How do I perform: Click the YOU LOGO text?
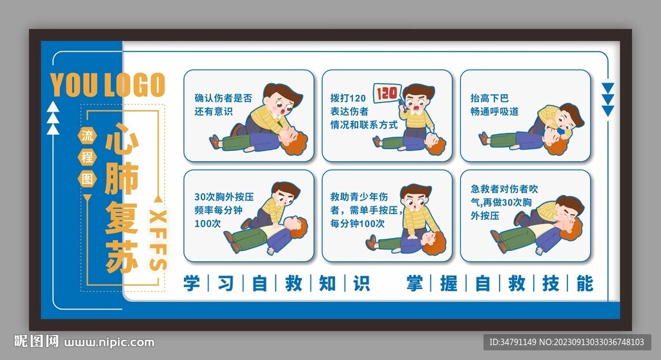tap(108, 85)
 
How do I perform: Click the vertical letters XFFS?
tap(158, 239)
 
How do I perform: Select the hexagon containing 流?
tap(86, 135)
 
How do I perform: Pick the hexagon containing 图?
tap(86, 177)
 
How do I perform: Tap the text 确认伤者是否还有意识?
tap(223, 105)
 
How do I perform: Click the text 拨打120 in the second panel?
tap(347, 98)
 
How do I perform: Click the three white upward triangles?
tap(53, 119)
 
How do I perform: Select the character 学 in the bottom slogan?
tap(192, 283)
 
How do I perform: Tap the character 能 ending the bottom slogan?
tap(584, 283)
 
